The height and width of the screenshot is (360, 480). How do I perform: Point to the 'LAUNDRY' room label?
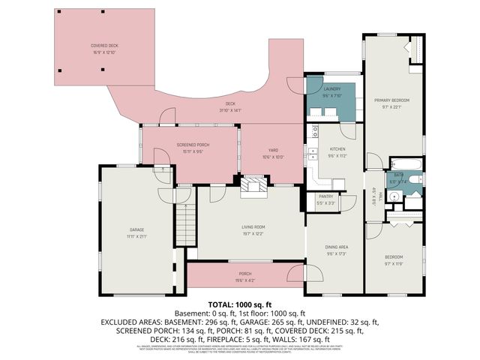pyautogui.click(x=332, y=89)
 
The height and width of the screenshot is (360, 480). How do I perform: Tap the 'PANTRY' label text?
pyautogui.click(x=325, y=196)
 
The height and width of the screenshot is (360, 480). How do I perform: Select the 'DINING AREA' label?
pyautogui.click(x=336, y=247)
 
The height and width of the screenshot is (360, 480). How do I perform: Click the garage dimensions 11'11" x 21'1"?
pyautogui.click(x=136, y=236)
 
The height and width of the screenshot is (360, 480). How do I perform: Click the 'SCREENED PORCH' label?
pyautogui.click(x=193, y=144)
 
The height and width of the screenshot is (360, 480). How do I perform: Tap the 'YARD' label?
pyautogui.click(x=273, y=150)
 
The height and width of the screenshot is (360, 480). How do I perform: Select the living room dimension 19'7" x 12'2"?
pyautogui.click(x=253, y=233)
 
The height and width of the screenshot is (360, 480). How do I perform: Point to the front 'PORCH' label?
pyautogui.click(x=245, y=273)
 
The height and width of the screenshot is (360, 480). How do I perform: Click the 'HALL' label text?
pyautogui.click(x=382, y=196)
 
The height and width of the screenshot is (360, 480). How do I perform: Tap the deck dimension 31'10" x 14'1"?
pyautogui.click(x=231, y=110)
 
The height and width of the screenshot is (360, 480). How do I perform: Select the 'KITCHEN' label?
pyautogui.click(x=336, y=149)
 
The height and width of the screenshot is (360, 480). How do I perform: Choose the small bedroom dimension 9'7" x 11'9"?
pyautogui.click(x=394, y=263)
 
